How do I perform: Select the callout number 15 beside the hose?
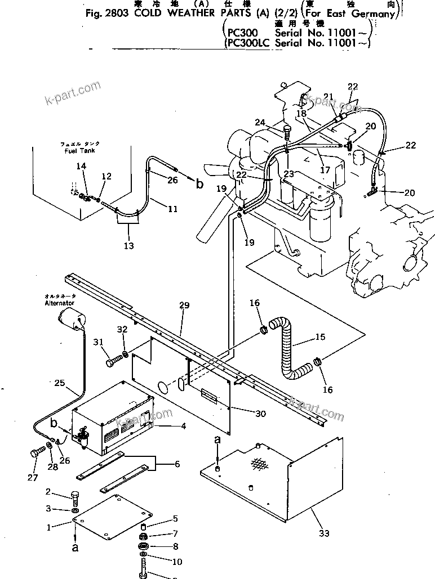coord(320,337)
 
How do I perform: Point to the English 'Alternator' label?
coord(59,302)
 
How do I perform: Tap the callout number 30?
coord(260,414)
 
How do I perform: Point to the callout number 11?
coord(172,209)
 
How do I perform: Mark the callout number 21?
coord(329,96)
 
